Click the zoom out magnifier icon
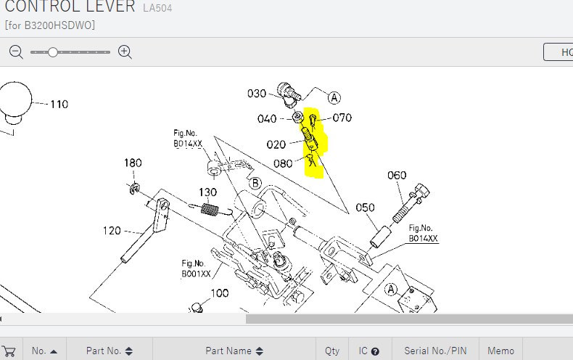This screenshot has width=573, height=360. click(17, 52)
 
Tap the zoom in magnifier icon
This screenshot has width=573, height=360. click(125, 52)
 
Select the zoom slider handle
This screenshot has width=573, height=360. click(53, 52)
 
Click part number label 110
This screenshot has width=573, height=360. click(59, 105)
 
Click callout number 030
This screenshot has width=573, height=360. click(257, 93)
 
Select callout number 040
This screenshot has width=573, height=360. click(267, 119)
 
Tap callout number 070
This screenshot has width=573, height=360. click(342, 118)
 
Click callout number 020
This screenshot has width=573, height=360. click(276, 144)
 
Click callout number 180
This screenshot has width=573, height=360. click(132, 163)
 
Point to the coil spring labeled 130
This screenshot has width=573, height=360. click(209, 210)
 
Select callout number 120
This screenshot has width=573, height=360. click(112, 231)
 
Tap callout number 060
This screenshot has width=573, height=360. click(397, 175)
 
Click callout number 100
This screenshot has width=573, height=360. click(219, 293)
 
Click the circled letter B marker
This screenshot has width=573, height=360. click(255, 184)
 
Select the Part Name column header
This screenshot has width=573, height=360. click(234, 351)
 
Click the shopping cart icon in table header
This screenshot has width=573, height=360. click(9, 351)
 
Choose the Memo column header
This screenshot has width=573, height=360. click(500, 351)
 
